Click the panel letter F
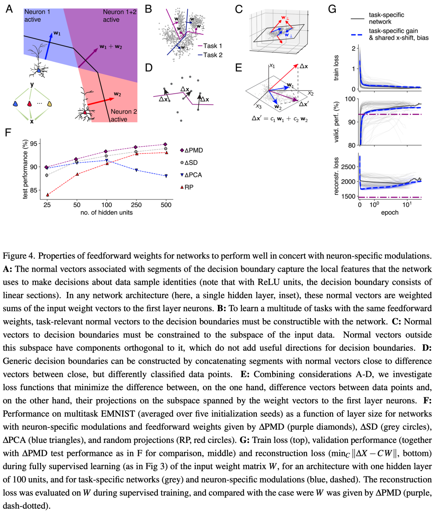(x=8, y=132)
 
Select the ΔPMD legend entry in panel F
(x=191, y=150)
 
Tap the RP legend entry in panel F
(x=187, y=187)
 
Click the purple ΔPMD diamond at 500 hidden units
(x=165, y=144)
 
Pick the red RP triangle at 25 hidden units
(x=48, y=195)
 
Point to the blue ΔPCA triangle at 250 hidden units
(x=136, y=170)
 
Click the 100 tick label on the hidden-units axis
(x=107, y=205)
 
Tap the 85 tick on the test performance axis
(x=34, y=191)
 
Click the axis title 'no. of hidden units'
(x=107, y=212)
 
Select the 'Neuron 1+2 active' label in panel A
(x=119, y=16)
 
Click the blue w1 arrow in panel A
(x=49, y=46)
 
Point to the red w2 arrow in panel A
(x=101, y=102)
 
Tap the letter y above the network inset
(x=32, y=85)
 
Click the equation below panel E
(x=280, y=119)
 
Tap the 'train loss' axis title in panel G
(x=336, y=68)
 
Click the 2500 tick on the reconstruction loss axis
(x=348, y=167)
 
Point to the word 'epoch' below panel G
(x=390, y=212)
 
